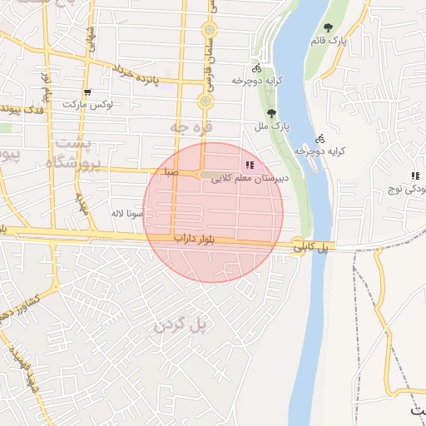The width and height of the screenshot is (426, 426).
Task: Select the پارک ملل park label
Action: (270, 126)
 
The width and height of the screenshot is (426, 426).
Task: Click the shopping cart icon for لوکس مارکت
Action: (87, 92)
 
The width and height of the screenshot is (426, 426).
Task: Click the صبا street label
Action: (171, 173)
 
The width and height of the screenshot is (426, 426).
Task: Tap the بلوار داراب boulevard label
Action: (194, 240)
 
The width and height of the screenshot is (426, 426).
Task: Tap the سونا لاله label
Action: (131, 214)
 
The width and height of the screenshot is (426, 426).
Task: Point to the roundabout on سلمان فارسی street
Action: (205, 102)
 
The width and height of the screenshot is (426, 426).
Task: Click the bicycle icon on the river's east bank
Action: (319, 139)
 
